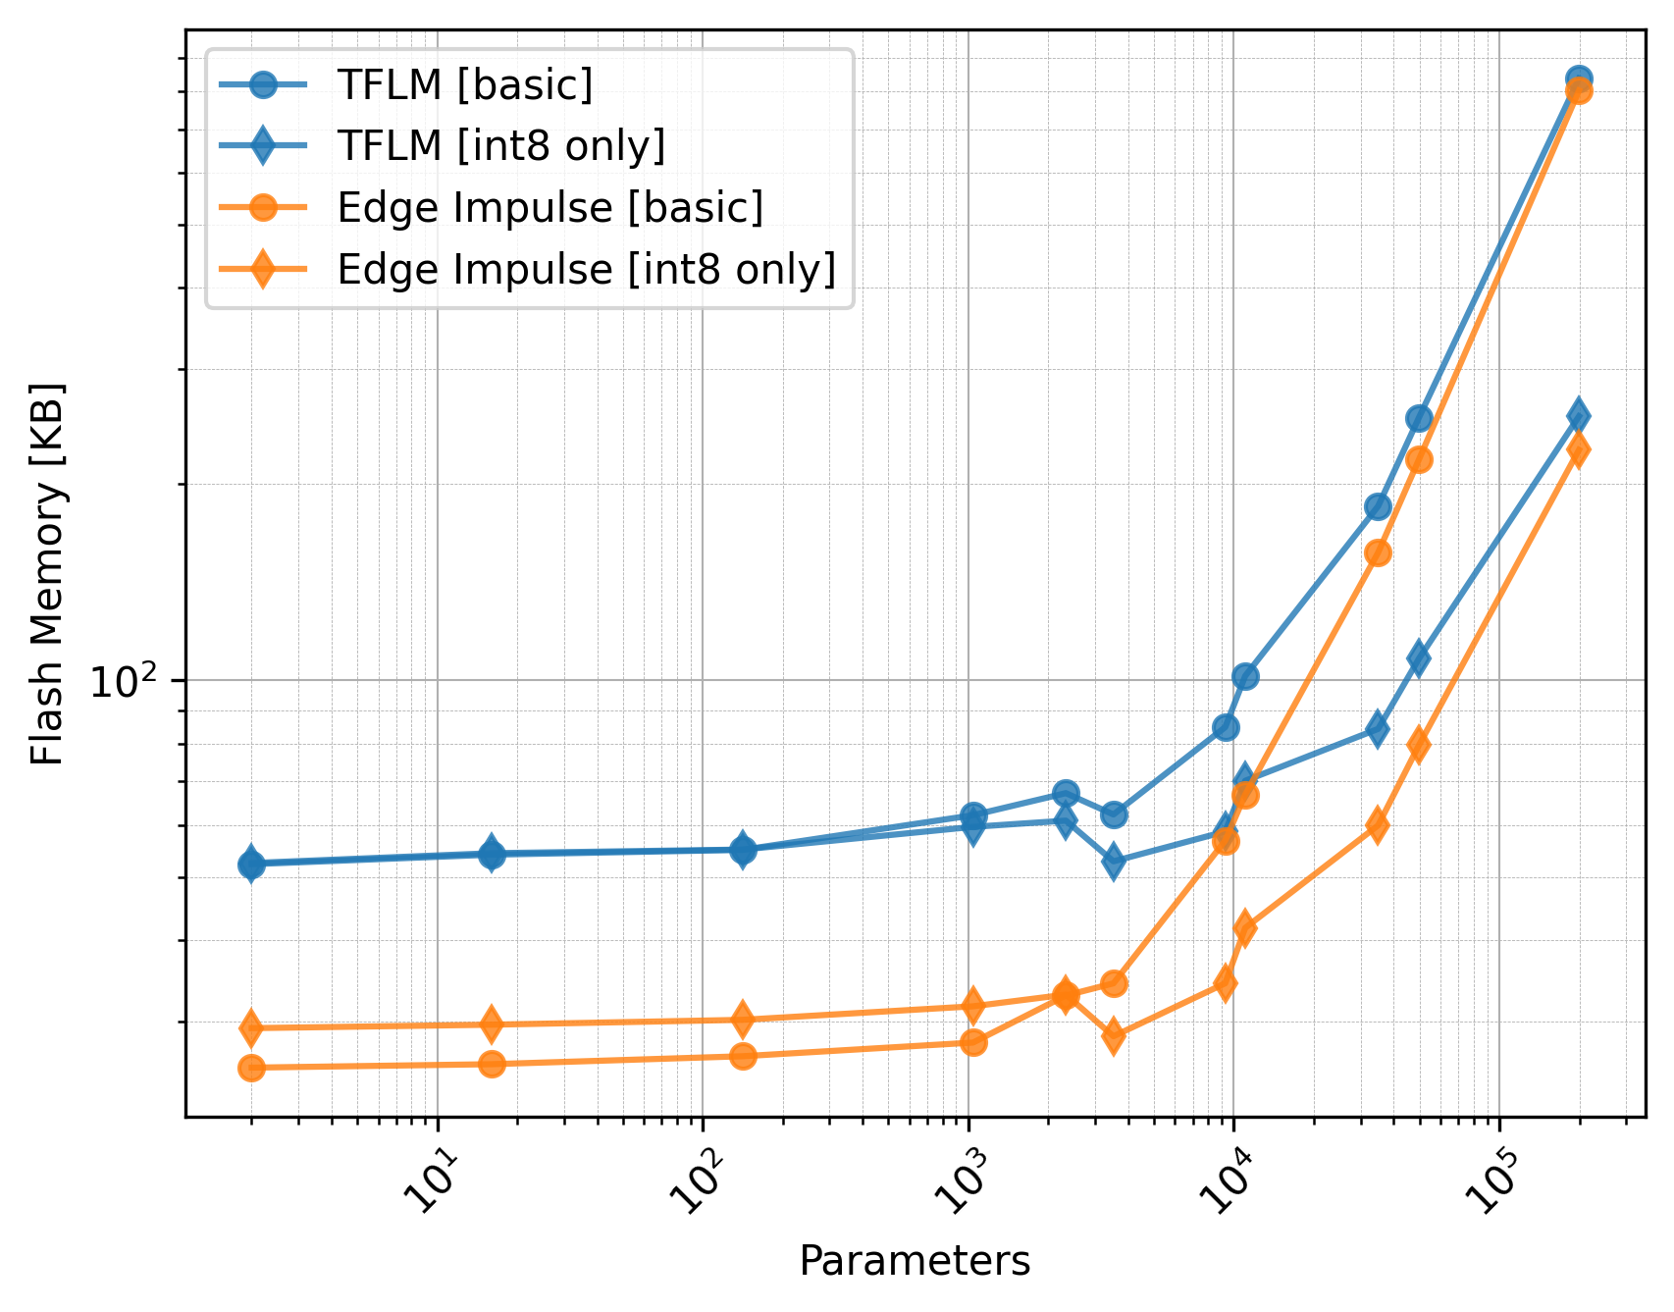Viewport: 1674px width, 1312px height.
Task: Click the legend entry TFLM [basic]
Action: [x=464, y=85]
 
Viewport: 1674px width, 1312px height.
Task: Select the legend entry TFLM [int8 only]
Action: [x=500, y=146]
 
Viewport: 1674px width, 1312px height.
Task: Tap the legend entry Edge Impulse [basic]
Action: [x=549, y=208]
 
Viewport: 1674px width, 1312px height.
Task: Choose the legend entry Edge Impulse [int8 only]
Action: [x=586, y=269]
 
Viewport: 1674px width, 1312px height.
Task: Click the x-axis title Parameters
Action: [x=915, y=1261]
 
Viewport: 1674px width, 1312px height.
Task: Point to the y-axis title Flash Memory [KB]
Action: [x=47, y=574]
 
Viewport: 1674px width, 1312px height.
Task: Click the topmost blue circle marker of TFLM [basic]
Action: [x=1579, y=79]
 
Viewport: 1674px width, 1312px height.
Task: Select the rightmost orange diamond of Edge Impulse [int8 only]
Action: [x=1579, y=450]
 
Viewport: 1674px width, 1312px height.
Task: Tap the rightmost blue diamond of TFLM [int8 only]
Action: [x=1579, y=416]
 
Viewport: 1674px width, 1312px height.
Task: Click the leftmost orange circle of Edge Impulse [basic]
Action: [x=251, y=1068]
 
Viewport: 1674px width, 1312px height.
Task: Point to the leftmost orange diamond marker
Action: [x=251, y=1027]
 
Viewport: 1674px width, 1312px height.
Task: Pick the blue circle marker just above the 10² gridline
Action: [x=1245, y=676]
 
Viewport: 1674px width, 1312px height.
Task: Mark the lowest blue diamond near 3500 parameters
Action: [x=1114, y=862]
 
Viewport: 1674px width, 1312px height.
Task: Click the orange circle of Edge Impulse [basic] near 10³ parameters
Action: [x=973, y=1042]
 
